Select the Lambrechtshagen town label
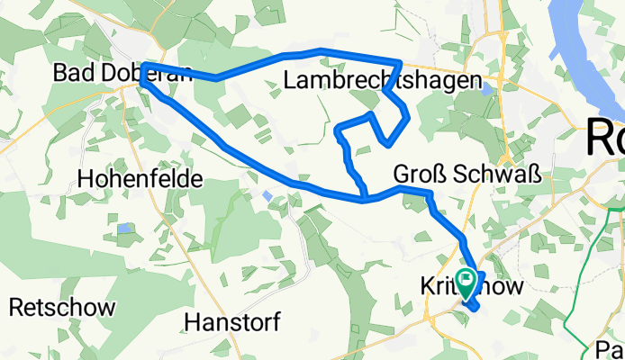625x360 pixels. (x=382, y=81)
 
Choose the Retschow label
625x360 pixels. (x=62, y=307)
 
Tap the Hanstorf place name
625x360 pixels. (x=231, y=321)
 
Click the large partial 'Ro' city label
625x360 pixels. (x=605, y=139)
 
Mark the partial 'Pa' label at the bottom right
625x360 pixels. (x=611, y=348)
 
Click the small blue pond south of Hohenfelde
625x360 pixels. (x=123, y=229)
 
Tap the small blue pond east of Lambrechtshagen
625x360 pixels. (x=487, y=88)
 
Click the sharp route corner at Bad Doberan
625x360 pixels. (x=143, y=80)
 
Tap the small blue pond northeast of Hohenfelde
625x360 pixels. (x=267, y=194)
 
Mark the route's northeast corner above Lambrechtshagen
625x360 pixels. (x=401, y=62)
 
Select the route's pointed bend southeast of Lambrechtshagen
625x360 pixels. (x=387, y=142)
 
